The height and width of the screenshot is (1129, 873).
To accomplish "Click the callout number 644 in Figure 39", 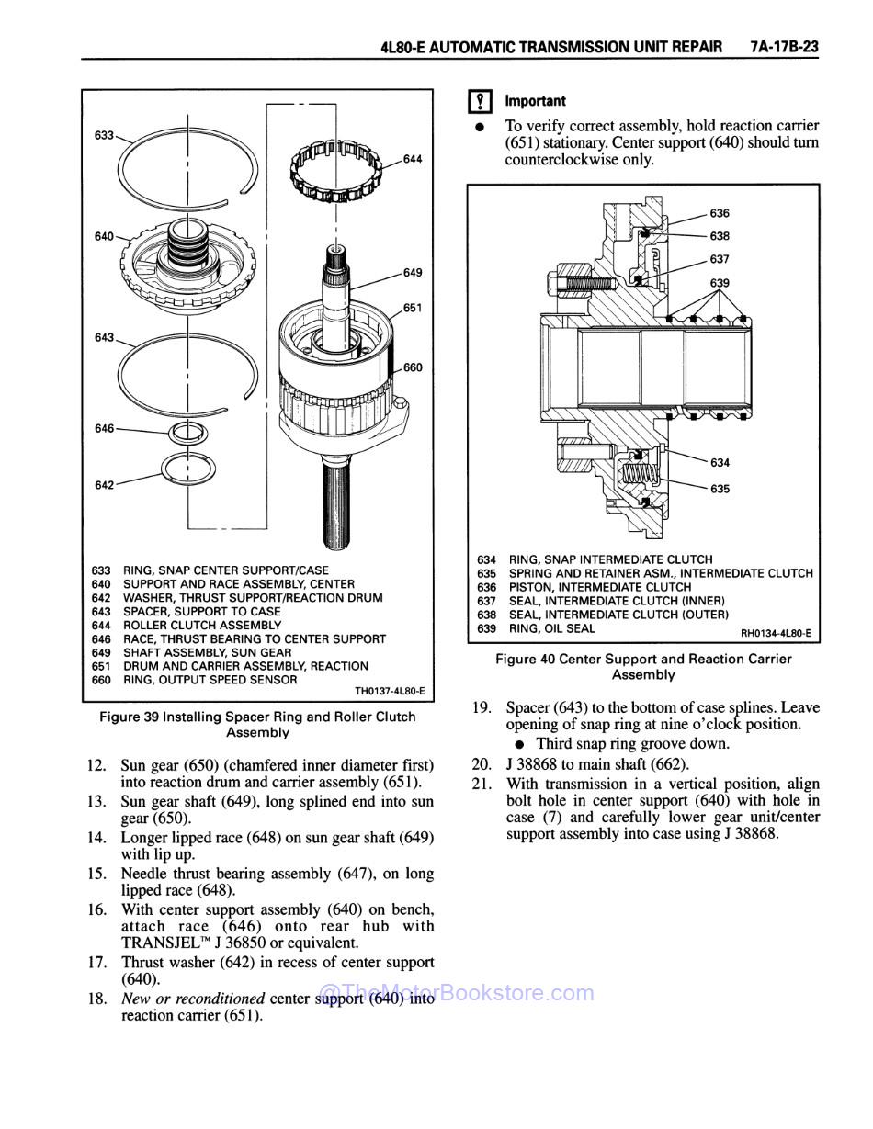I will click(413, 159).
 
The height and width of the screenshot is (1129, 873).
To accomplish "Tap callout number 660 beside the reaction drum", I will click(413, 367).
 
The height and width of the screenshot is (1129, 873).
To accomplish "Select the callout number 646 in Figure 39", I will click(104, 428).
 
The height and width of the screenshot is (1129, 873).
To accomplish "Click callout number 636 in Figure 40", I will click(720, 213).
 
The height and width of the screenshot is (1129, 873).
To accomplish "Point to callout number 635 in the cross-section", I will click(720, 489).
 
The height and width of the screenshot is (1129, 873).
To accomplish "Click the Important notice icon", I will click(478, 102).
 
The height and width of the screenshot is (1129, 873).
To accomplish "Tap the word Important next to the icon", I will click(535, 101).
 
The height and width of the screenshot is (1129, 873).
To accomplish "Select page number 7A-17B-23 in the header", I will click(783, 47).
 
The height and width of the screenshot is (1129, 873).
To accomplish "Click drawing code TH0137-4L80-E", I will click(390, 692).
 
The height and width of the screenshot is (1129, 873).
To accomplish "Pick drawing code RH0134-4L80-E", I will click(776, 633).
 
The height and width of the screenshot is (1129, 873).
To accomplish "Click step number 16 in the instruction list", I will click(97, 909).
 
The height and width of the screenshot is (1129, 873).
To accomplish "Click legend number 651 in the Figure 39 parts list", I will click(101, 666).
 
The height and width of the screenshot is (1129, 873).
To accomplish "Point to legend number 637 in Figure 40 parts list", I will click(487, 601).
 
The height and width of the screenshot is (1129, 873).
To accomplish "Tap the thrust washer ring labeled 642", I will click(187, 469).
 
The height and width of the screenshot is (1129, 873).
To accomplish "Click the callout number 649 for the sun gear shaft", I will click(413, 272).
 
